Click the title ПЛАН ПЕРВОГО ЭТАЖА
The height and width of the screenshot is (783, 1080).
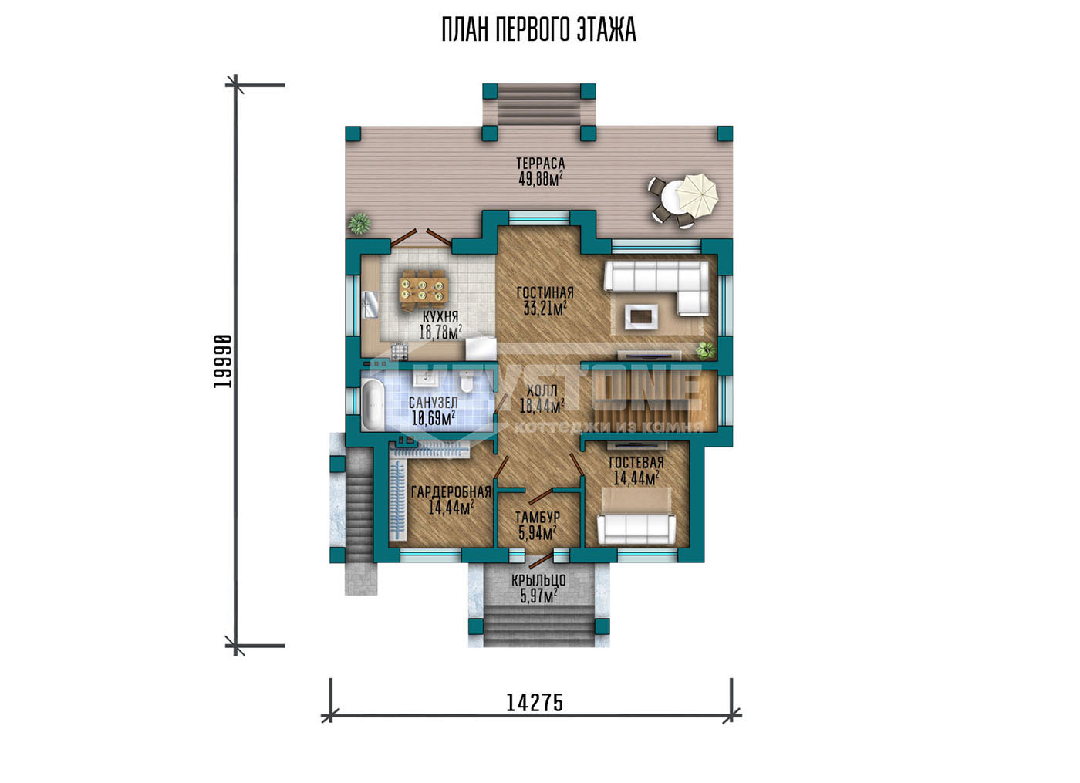point(538,30)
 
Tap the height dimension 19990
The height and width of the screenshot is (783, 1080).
point(223,361)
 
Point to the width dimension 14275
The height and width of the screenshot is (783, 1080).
point(535,703)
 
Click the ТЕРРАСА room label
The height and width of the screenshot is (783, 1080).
point(541,164)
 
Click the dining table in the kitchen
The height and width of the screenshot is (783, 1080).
point(424,289)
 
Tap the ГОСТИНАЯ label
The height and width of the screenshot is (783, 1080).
point(545,292)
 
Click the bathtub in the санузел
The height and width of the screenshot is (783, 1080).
point(372,404)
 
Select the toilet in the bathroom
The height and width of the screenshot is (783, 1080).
point(466,384)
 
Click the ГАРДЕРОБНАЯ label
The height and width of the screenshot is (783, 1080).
point(451,492)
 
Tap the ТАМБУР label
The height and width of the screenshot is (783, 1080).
point(538,518)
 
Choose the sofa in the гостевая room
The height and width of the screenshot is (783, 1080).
point(636,529)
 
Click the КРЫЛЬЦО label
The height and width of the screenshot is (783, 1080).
point(538,580)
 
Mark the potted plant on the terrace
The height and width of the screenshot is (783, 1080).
point(359,223)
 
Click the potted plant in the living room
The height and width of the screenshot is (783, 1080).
point(705,349)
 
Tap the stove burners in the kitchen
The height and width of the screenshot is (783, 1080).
point(400,352)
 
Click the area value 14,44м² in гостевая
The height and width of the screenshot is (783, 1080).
point(636,478)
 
